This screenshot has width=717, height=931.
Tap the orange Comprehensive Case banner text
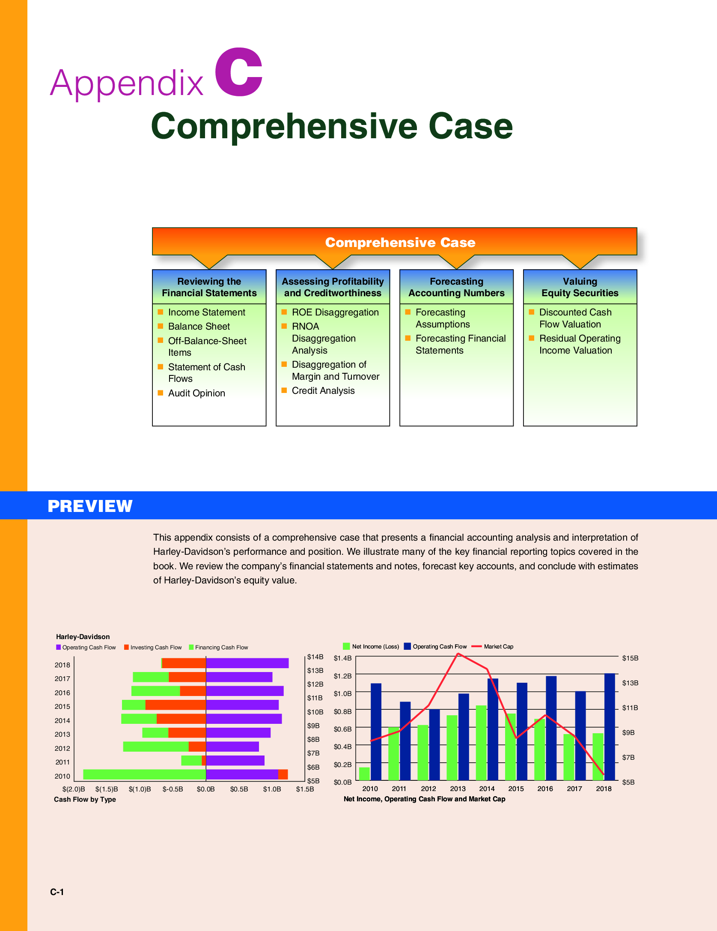click(400, 242)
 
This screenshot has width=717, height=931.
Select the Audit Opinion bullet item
click(196, 393)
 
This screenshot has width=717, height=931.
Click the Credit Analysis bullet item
click(323, 390)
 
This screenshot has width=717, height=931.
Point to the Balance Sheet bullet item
click(199, 326)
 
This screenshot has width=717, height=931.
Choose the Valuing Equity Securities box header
click(580, 287)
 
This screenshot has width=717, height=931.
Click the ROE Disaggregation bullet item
click(335, 312)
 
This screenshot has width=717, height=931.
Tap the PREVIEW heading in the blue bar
click(90, 506)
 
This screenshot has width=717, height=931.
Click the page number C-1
click(57, 892)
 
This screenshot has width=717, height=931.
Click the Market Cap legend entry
click(498, 646)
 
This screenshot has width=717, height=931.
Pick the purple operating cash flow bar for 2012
click(232, 747)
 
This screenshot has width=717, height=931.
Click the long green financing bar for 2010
click(144, 774)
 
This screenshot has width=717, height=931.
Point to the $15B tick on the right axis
click(630, 658)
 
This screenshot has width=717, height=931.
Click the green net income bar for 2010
click(364, 773)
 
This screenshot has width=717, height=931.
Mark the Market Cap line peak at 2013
click(458, 654)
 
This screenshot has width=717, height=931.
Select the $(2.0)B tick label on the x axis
click(74, 789)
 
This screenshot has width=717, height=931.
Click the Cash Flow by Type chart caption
click(85, 799)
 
